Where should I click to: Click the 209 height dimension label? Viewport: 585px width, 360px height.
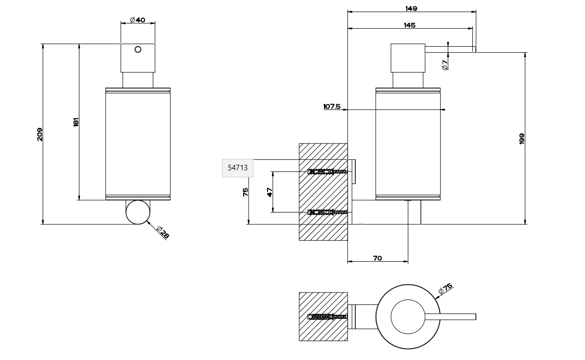(x=40, y=134)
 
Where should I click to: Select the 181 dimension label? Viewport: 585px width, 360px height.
(x=76, y=122)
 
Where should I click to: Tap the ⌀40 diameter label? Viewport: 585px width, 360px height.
(x=137, y=20)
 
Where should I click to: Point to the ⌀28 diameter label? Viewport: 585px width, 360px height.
(x=162, y=232)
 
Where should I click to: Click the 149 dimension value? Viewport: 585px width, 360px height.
(x=411, y=8)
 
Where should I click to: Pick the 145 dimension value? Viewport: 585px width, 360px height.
(x=409, y=25)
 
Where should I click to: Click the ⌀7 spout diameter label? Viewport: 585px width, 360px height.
(x=445, y=64)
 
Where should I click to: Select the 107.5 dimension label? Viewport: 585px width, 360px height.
(x=332, y=106)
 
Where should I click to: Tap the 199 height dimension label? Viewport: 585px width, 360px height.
(x=521, y=139)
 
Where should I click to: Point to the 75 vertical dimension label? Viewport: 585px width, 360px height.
(x=246, y=192)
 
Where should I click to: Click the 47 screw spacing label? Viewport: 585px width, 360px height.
(x=270, y=192)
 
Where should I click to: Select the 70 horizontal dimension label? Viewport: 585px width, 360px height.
(x=377, y=258)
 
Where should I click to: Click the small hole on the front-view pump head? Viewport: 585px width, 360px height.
(x=138, y=49)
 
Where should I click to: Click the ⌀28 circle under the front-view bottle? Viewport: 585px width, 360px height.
(x=137, y=212)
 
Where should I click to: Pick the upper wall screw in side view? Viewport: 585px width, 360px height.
(x=327, y=172)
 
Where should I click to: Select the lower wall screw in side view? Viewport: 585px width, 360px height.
(x=327, y=213)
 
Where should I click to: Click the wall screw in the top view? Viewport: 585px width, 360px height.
(x=327, y=317)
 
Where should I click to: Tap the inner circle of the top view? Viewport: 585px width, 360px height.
(x=408, y=317)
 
